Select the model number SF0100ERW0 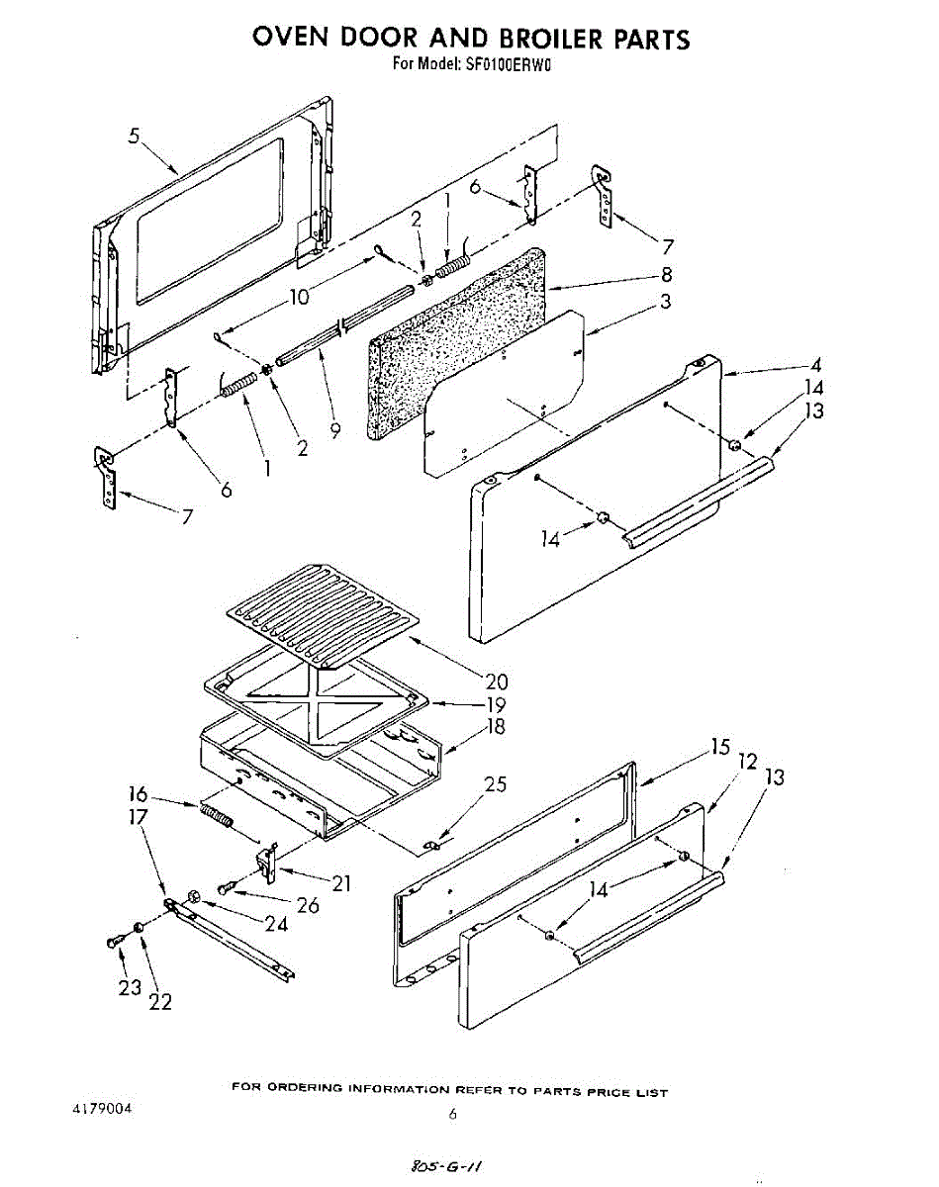point(507,65)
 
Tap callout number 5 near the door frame point(134,137)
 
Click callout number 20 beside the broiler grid point(497,681)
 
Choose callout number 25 point(495,784)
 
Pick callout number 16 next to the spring point(138,793)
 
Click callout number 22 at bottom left point(160,1001)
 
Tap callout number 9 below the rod point(335,429)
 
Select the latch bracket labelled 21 point(266,860)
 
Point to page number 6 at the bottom point(452,1114)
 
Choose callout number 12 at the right point(746,762)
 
